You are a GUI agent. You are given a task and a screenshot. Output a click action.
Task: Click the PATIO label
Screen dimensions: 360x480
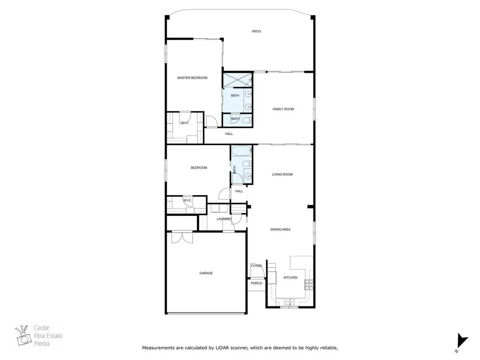pos(256,31)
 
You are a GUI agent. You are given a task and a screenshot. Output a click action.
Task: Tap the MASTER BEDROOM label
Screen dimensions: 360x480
pos(192,78)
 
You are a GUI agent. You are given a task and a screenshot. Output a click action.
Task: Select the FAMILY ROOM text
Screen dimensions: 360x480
pos(283,109)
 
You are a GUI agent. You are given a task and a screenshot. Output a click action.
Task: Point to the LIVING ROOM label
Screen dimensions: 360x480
pos(282,174)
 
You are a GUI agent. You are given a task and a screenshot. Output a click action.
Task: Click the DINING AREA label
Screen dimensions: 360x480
pos(280,229)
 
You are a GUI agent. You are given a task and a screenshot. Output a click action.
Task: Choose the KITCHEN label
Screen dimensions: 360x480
pos(290,277)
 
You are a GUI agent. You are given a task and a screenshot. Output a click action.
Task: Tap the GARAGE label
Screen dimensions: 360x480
pos(206,273)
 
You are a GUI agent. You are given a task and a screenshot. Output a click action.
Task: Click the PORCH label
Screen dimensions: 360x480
pos(256,283)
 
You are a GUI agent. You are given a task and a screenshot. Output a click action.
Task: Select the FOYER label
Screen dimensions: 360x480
pos(256,266)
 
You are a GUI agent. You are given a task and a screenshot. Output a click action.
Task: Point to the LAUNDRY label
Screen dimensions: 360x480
pos(224,219)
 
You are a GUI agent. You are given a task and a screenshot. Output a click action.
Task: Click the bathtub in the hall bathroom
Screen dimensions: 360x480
pos(240,151)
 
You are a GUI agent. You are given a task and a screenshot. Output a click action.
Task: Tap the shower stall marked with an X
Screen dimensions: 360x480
pos(237,80)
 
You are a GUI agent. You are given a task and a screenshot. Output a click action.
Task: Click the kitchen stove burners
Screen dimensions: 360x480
pos(309,284)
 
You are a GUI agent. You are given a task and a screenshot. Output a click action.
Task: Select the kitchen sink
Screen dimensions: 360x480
pos(289,302)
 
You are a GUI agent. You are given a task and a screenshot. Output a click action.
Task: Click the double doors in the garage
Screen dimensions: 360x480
pos(182,237)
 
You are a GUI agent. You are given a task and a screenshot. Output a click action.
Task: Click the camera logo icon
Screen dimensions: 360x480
pos(23,336)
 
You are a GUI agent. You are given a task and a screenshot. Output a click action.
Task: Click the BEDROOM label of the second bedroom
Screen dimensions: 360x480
pos(199,168)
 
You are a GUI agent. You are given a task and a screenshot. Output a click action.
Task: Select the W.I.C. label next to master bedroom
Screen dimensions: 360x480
pos(185,123)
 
